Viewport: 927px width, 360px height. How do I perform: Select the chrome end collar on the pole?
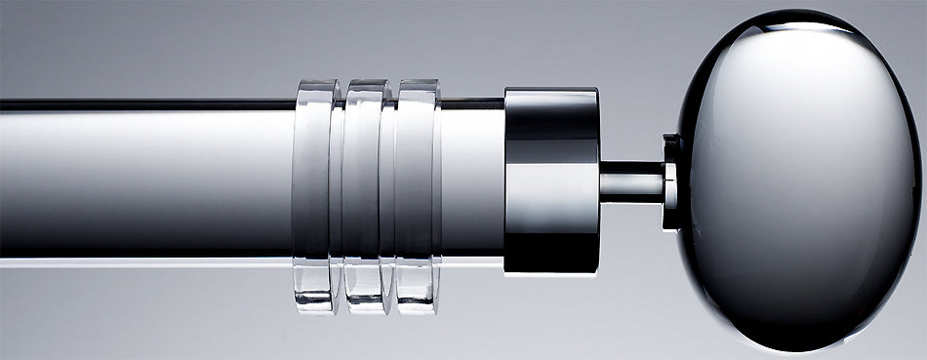(551, 180)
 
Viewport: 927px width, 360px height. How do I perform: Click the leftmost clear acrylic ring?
(314, 195)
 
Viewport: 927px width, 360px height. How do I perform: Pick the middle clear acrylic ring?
(367, 195)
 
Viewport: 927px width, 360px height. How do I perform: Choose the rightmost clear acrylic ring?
(418, 195)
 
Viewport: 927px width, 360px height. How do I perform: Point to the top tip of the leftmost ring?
(314, 84)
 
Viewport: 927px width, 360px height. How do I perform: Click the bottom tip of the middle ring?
(367, 308)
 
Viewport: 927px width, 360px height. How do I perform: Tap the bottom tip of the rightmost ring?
(418, 308)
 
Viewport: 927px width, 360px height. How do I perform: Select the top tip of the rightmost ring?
(418, 84)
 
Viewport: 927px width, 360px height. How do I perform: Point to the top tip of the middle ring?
(367, 84)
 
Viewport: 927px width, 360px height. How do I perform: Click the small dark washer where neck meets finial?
(671, 182)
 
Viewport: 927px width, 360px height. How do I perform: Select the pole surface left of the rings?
(146, 180)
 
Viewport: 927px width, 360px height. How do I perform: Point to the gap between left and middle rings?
(339, 195)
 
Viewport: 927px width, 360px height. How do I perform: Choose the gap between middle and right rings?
(390, 195)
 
